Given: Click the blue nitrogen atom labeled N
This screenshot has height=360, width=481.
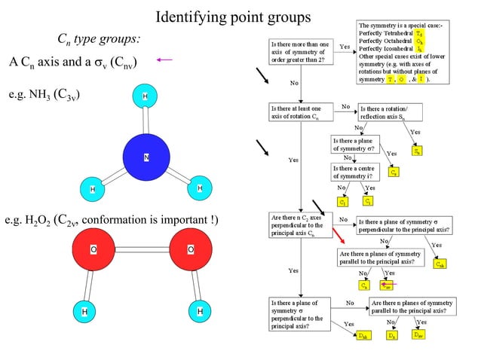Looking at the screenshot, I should [x=148, y=157].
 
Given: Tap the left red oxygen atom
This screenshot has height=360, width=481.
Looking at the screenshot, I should [x=93, y=249].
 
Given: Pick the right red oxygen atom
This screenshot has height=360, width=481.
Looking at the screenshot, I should [x=190, y=249].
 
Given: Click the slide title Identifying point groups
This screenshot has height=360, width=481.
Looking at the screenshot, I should [x=232, y=16].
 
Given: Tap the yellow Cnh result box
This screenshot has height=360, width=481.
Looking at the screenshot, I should [x=440, y=264].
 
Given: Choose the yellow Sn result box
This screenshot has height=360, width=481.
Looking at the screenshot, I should [x=418, y=151].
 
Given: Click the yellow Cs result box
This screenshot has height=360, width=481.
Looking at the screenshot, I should [x=394, y=172].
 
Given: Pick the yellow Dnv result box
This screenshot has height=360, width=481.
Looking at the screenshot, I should [x=418, y=334].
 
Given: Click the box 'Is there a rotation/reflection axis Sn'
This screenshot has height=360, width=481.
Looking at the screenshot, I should [x=391, y=112].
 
